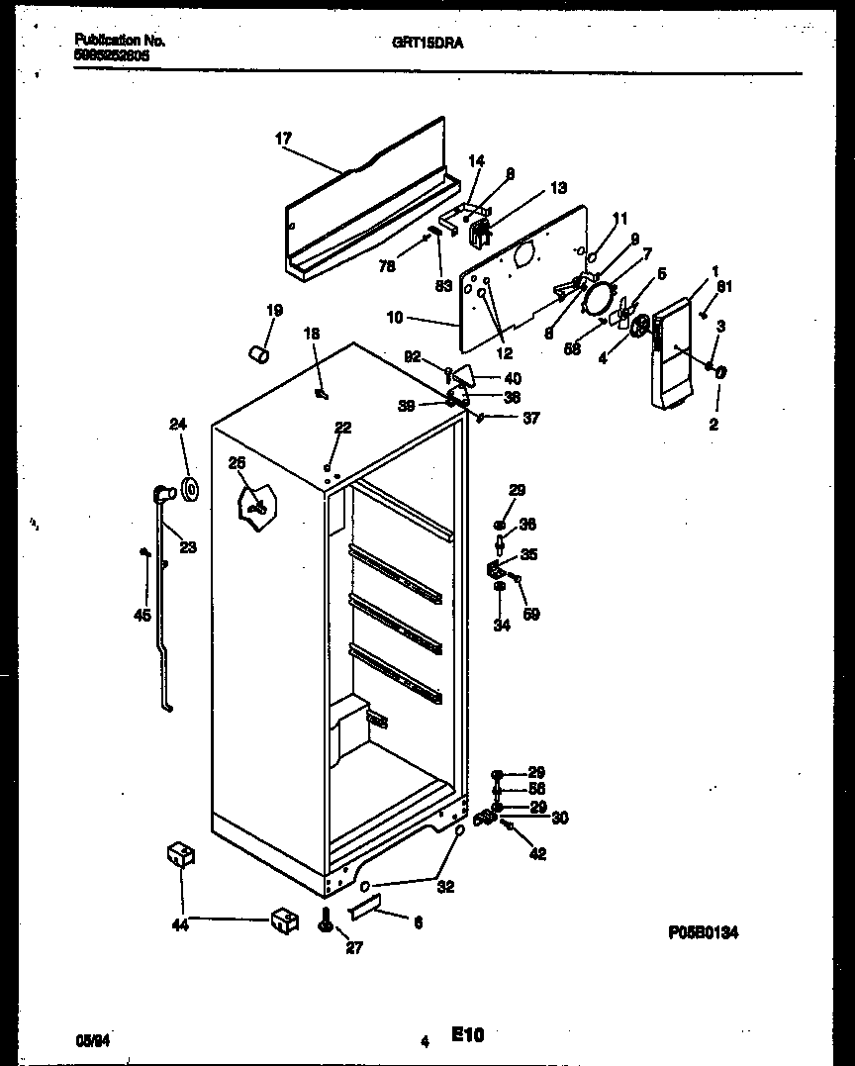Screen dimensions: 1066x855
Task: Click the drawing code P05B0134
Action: (704, 931)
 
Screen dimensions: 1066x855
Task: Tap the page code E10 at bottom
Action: (468, 1035)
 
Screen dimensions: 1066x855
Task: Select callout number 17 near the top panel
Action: (283, 139)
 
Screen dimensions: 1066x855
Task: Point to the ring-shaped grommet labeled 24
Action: (189, 488)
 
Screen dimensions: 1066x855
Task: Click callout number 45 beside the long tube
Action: (142, 615)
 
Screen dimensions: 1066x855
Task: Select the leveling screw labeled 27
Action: (326, 921)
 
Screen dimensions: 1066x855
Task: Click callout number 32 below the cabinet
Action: (445, 887)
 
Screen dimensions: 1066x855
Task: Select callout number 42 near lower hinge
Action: (536, 854)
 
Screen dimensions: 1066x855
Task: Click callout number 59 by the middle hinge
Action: (531, 614)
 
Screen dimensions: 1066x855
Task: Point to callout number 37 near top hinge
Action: (531, 417)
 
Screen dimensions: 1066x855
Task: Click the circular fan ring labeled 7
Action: (600, 296)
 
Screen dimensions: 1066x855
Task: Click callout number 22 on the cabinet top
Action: (342, 428)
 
